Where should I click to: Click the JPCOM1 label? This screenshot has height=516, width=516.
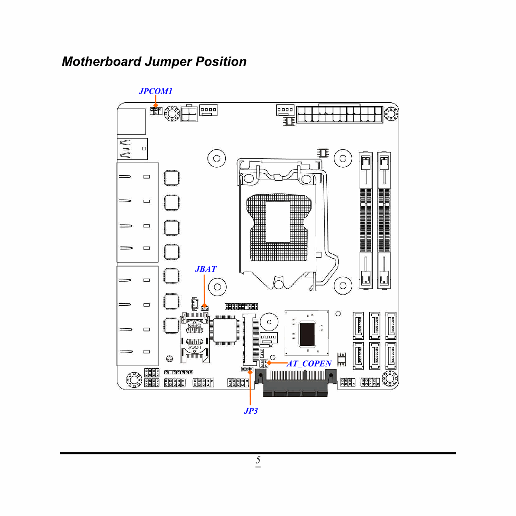click(156, 91)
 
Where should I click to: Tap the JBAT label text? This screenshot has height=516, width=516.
click(206, 269)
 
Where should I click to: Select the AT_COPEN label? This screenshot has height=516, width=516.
click(309, 363)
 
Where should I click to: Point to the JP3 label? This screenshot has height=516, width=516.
click(251, 411)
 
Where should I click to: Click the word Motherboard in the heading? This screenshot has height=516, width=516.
click(102, 62)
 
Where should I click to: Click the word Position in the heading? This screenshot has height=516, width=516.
click(221, 62)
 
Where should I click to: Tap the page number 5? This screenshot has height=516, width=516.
click(258, 460)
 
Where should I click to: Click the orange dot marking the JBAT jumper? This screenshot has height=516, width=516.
click(204, 305)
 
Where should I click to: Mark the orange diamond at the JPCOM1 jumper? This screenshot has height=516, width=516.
click(156, 105)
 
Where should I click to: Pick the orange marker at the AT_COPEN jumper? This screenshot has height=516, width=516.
click(269, 363)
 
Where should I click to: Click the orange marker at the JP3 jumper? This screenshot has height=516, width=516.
click(250, 372)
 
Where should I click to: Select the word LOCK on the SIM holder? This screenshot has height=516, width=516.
click(194, 347)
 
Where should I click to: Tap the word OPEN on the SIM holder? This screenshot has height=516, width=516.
click(194, 325)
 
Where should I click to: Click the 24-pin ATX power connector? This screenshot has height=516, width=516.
click(340, 114)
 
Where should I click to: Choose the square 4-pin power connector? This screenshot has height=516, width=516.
click(189, 114)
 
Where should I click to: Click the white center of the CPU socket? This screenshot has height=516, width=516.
click(278, 222)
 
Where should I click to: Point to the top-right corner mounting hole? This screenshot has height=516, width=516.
click(391, 114)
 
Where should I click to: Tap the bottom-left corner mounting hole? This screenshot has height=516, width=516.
click(134, 380)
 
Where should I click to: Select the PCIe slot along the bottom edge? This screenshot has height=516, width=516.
click(295, 383)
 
